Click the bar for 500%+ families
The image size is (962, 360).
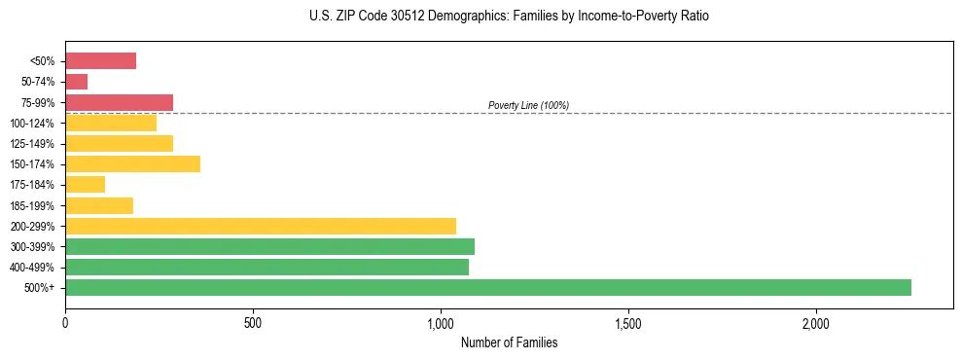pos(487,287)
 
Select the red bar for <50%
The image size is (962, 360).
pos(100,61)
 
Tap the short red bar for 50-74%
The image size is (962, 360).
pos(76,82)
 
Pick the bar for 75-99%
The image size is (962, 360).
pos(119,102)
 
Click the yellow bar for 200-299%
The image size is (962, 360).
pos(260,226)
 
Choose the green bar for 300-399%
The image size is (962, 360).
pos(269,246)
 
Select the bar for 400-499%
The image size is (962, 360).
pos(267,267)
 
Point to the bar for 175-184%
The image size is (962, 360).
pos(85,185)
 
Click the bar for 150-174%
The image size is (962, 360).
pos(132,163)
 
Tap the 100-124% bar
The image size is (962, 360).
pos(111,123)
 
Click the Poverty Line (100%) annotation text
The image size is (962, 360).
pos(528,105)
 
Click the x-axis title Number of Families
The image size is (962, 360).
pos(509,342)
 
